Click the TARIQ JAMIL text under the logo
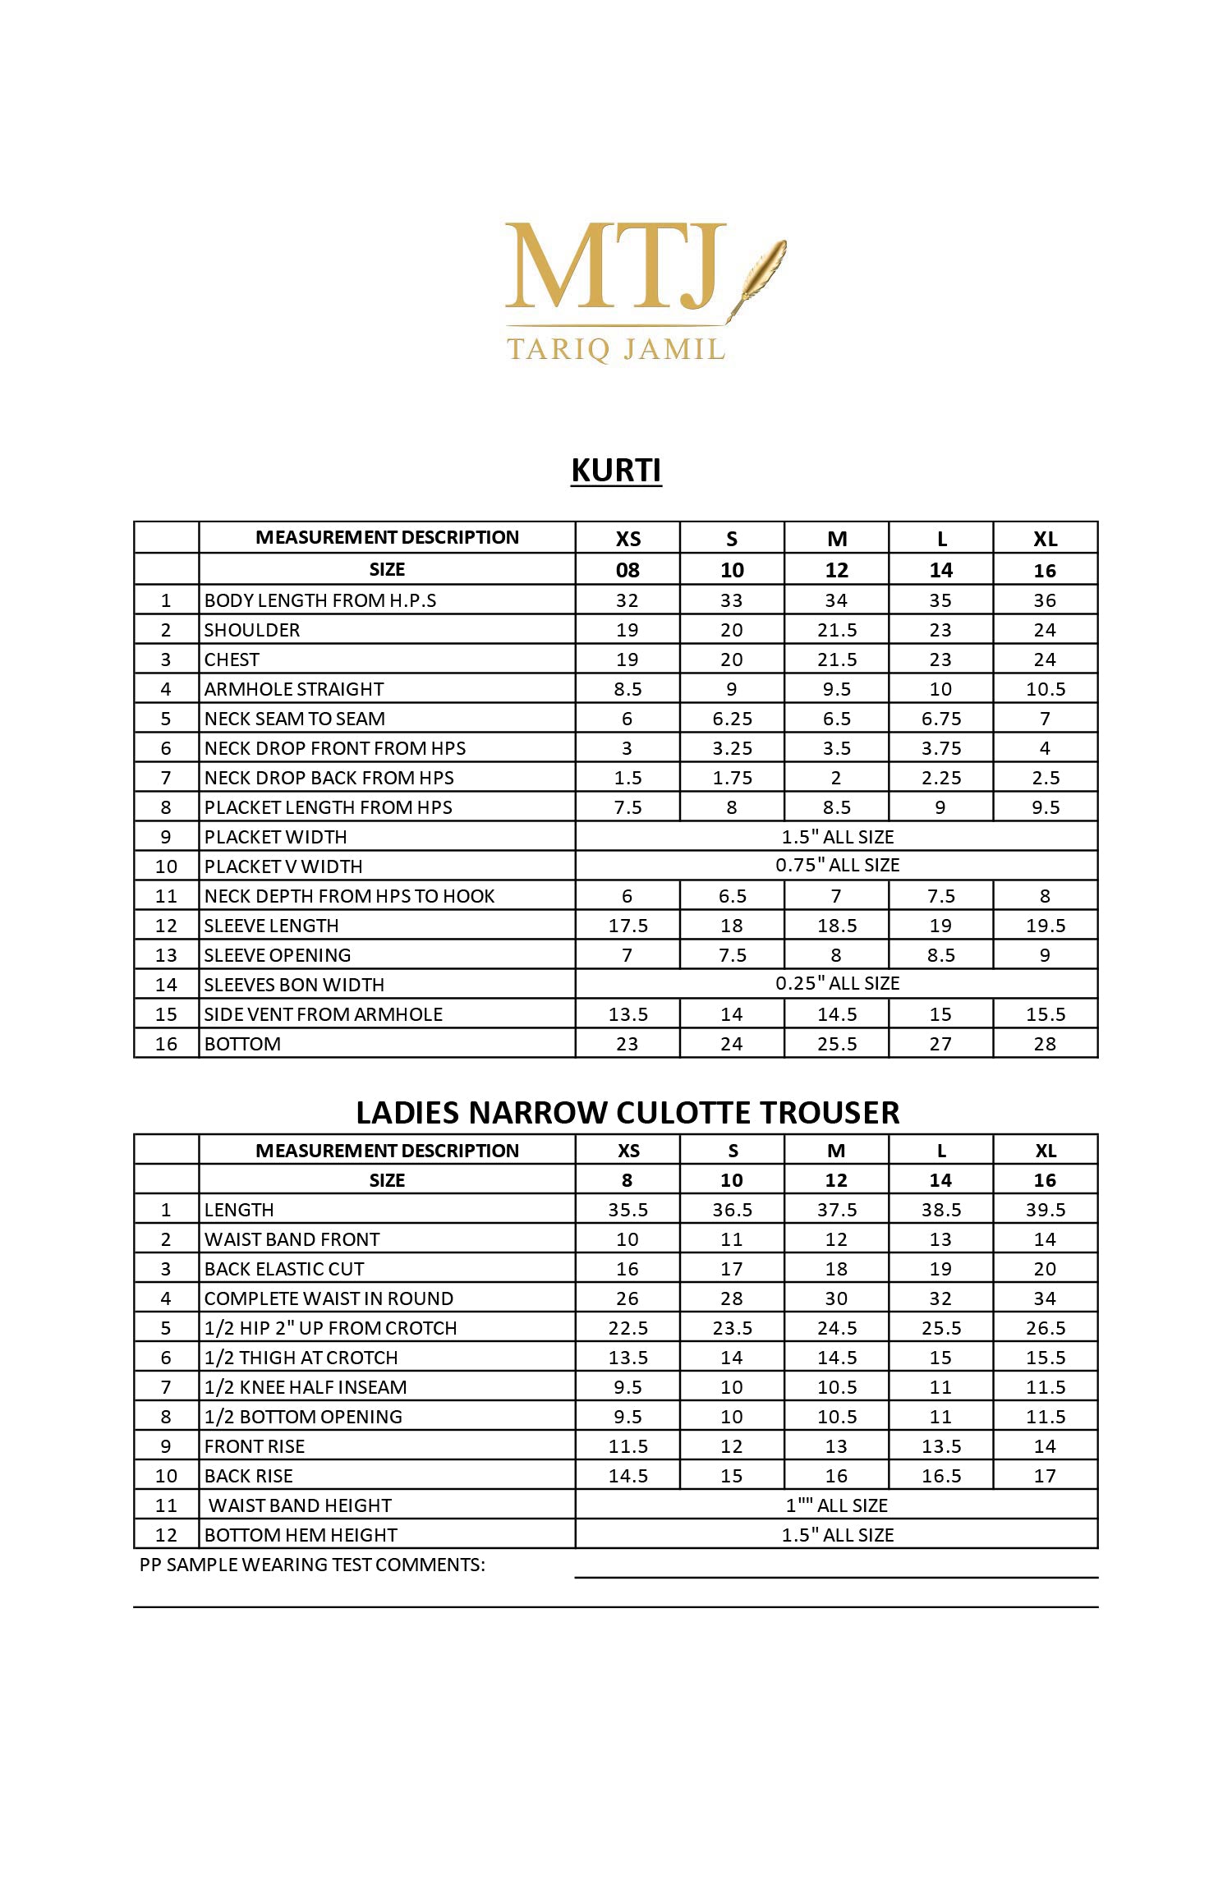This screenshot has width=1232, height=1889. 616,349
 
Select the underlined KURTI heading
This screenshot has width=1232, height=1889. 616,471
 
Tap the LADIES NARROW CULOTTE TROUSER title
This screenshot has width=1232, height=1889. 627,1112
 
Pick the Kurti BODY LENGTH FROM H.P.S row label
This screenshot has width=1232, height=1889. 320,600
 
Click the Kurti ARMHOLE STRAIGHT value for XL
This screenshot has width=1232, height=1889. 1045,689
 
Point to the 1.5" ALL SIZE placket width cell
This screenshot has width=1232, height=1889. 837,837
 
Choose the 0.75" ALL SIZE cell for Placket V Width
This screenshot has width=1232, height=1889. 837,866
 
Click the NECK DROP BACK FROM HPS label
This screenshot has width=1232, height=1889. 329,778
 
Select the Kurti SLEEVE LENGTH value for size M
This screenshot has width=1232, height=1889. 836,926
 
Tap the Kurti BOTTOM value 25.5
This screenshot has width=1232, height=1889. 836,1044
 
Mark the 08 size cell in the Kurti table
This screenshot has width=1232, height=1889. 627,570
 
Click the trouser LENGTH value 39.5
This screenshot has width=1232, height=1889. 1045,1210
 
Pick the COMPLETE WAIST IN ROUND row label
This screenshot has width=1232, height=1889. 329,1298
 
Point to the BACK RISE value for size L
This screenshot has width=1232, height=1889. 940,1476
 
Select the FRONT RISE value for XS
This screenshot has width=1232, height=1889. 627,1446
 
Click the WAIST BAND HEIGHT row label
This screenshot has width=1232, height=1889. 300,1505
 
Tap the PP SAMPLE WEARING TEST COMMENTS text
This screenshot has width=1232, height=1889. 312,1565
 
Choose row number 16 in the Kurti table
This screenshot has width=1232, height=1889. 166,1044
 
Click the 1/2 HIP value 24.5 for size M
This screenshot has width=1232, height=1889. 836,1328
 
